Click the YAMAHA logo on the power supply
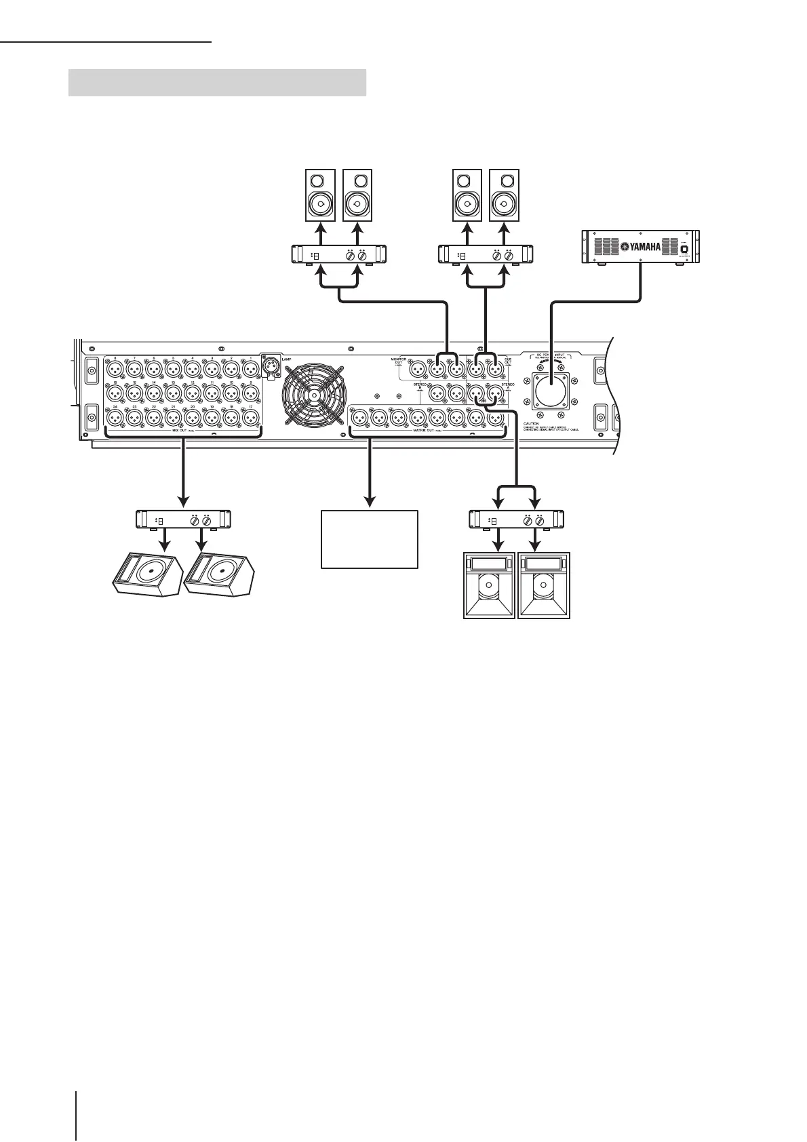[641, 247]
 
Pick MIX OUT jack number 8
[115, 370]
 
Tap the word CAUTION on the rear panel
[531, 423]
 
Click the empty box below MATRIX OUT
[369, 539]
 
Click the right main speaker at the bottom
[544, 585]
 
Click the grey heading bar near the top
[217, 82]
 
